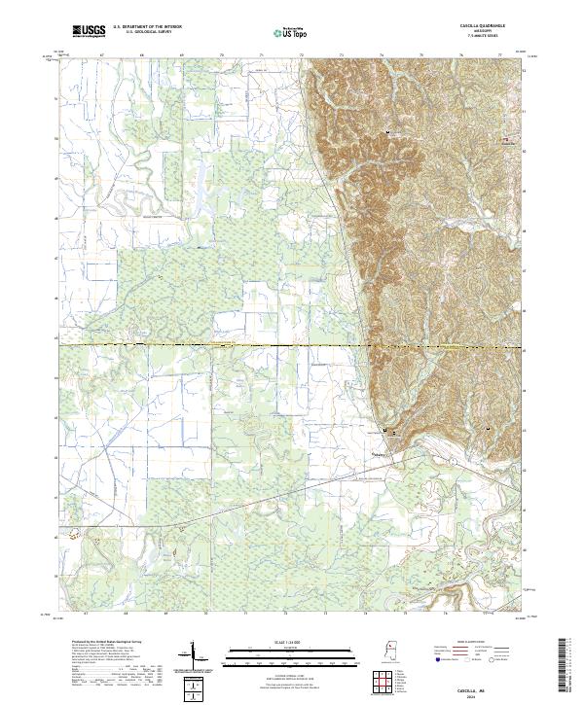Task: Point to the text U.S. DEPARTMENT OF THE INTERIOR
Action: [x=147, y=27]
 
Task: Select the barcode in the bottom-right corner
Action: [x=569, y=666]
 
